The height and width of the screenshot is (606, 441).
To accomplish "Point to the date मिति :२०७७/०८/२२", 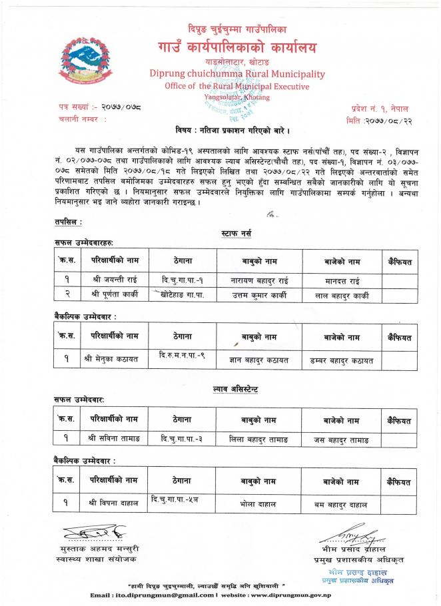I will (378, 120).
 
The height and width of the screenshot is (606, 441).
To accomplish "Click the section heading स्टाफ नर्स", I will (235, 234).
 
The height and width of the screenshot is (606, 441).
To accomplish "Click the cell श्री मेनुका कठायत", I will (111, 360).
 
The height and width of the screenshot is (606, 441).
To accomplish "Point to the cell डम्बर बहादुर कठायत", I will (342, 360).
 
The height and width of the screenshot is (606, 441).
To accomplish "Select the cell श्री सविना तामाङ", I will (111, 439).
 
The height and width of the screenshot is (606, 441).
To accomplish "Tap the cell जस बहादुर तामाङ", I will (342, 440).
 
